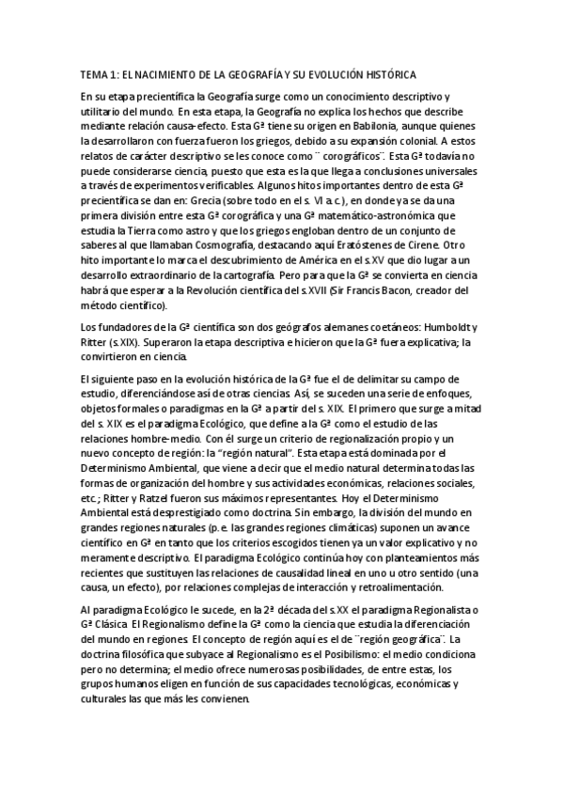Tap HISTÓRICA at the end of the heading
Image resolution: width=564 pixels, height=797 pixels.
[384, 73]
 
